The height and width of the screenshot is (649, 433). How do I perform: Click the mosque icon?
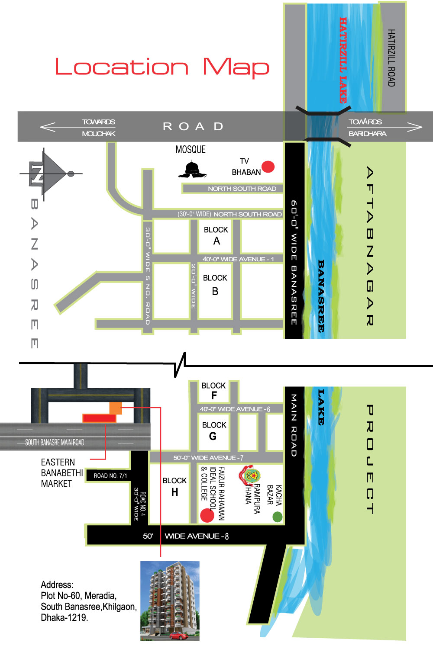tap(192, 170)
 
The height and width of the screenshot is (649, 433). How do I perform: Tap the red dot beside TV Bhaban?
tap(268, 167)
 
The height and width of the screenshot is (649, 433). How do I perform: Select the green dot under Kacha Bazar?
tap(277, 516)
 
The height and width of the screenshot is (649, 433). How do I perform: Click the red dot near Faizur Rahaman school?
tap(207, 515)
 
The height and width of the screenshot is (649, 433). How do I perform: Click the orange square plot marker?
tap(116, 408)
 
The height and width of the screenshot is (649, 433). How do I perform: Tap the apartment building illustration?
tap(170, 601)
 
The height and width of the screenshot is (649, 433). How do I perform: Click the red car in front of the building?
tap(177, 636)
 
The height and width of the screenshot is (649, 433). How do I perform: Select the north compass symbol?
tap(50, 173)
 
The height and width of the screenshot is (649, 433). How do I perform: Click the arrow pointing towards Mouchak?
tap(48, 127)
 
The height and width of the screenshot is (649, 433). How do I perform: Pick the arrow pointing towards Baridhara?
tap(414, 127)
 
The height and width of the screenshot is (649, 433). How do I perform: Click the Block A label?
tap(216, 235)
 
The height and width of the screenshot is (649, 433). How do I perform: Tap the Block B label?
tap(215, 284)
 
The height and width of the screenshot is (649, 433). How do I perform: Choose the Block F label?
tap(213, 390)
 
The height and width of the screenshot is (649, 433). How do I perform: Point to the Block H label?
tap(174, 486)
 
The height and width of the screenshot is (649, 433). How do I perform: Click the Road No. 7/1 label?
tap(110, 476)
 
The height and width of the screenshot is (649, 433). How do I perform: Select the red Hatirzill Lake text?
tap(343, 60)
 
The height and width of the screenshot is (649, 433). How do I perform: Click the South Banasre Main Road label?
tap(55, 442)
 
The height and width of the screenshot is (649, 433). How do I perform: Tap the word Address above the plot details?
tap(57, 585)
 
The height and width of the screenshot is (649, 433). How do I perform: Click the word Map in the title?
tap(236, 67)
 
